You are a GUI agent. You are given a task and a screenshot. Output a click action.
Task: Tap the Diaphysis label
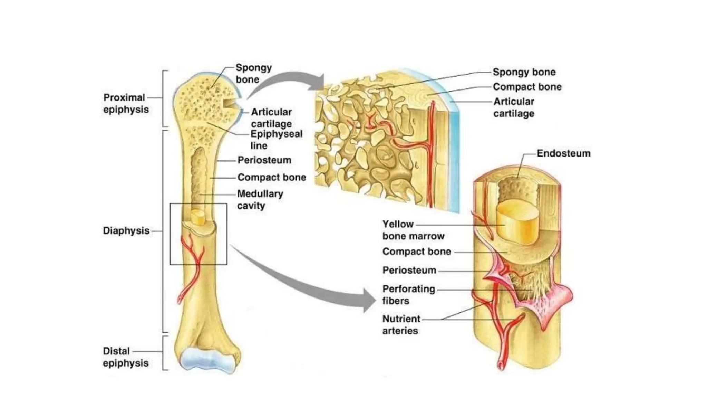[x=126, y=230]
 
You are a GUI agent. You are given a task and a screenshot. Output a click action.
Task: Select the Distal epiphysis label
[x=125, y=357]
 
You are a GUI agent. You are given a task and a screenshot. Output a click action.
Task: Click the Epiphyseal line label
[x=276, y=140]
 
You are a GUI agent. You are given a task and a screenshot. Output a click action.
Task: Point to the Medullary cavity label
[x=260, y=199]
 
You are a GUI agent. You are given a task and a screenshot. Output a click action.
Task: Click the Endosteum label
[x=563, y=153]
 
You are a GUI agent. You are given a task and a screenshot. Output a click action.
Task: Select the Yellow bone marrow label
[x=413, y=230]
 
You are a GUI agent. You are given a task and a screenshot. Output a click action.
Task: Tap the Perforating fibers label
[x=408, y=294]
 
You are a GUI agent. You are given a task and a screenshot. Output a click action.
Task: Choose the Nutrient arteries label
[x=401, y=324]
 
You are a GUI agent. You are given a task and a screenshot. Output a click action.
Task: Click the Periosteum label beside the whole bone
[x=264, y=160]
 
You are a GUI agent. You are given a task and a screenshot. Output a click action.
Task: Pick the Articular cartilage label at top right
[x=513, y=107]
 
